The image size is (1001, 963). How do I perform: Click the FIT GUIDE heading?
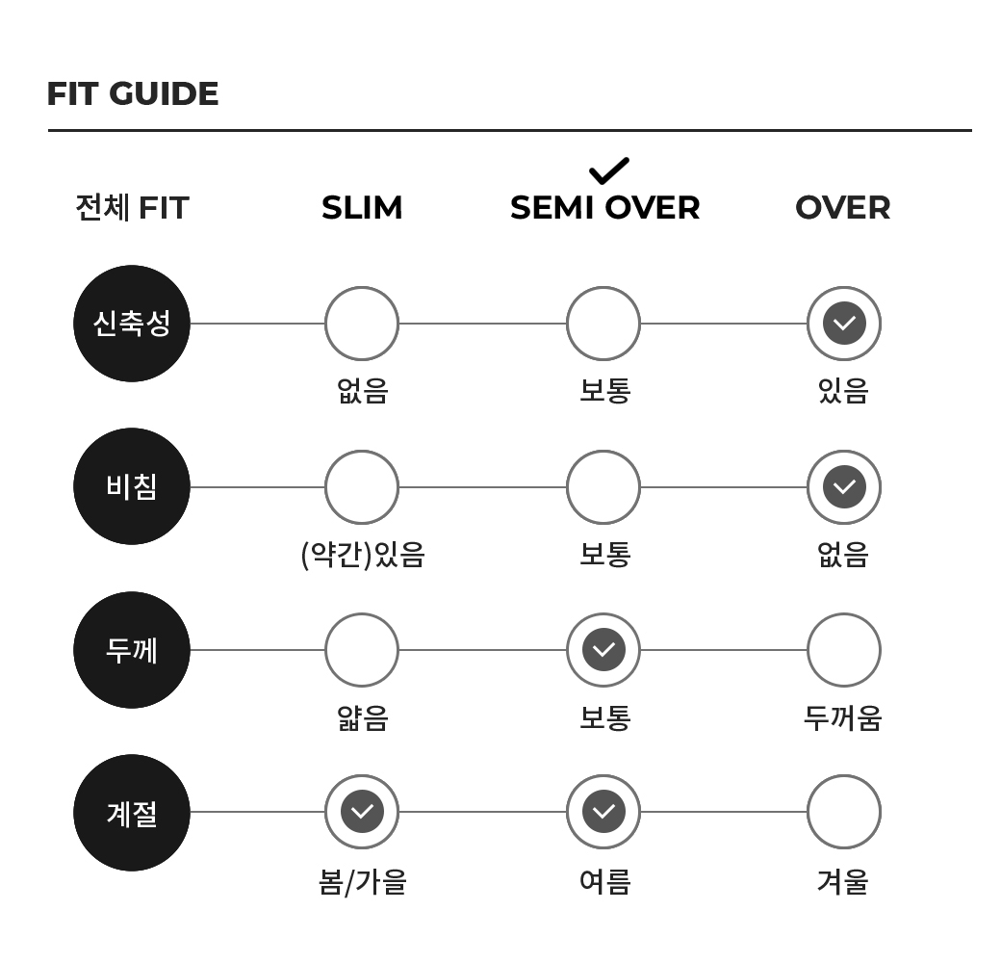point(133,93)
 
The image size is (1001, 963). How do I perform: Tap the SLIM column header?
point(362,208)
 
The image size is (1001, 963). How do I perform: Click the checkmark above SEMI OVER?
point(609,170)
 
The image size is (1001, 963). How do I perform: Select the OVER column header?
point(843,208)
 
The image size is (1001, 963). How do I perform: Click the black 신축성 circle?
point(132,324)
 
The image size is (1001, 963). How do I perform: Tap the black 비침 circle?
point(132,486)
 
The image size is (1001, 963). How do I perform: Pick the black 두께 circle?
point(132,650)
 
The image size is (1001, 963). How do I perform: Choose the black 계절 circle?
point(132,813)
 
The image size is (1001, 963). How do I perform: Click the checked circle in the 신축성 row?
point(844,324)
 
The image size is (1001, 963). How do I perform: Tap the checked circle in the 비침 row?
point(844,487)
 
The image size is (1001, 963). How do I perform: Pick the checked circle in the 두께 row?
point(603,650)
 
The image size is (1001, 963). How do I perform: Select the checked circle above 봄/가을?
point(362,812)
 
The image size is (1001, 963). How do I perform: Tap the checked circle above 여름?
point(603,812)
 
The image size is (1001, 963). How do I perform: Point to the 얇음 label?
point(363,717)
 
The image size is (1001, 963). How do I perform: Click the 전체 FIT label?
point(132,208)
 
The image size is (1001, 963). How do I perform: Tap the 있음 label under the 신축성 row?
point(843,390)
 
